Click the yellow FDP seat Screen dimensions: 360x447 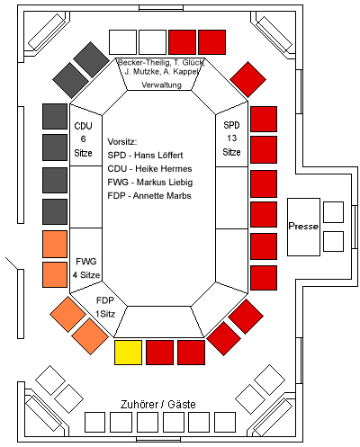(x=128, y=353)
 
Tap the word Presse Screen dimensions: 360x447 (x=303, y=226)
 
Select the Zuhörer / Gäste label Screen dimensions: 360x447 (x=158, y=405)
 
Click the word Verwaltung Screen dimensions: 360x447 (x=162, y=85)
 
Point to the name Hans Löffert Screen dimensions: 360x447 (x=158, y=156)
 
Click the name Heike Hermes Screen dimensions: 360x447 (x=164, y=169)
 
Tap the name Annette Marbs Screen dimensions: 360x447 (x=162, y=196)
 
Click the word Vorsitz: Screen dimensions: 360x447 (x=122, y=142)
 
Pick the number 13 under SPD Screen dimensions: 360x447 (x=231, y=139)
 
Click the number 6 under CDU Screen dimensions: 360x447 (x=83, y=139)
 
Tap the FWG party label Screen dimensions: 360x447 (x=86, y=262)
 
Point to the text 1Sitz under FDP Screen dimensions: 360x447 (x=105, y=314)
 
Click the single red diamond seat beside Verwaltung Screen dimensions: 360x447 (x=247, y=79)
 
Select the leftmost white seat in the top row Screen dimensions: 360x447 (x=122, y=42)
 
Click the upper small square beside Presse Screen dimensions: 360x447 (x=333, y=212)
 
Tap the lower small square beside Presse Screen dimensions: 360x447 (x=333, y=241)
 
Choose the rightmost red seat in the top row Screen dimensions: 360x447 (x=211, y=42)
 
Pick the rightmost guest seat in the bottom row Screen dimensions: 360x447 (x=225, y=422)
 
